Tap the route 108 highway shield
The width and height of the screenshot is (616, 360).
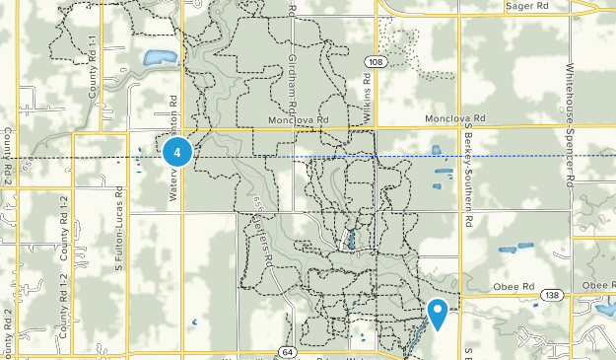(x=374, y=62)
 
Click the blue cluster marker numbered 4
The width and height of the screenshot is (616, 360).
(x=176, y=152)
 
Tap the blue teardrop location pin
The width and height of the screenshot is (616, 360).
(x=438, y=315)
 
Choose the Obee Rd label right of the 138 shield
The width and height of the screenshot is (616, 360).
(x=597, y=285)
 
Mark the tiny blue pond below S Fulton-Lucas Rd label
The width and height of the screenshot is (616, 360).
(x=194, y=322)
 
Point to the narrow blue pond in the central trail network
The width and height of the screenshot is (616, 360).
(x=352, y=239)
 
